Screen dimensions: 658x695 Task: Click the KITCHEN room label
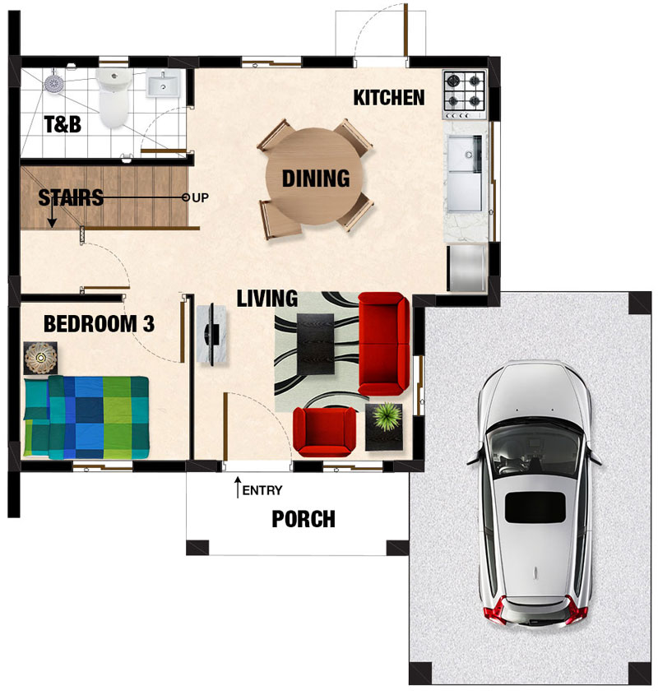(x=389, y=98)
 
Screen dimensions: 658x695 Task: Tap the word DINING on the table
(x=316, y=178)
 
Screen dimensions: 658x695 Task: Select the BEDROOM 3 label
(x=99, y=324)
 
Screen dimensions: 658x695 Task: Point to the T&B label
(x=63, y=124)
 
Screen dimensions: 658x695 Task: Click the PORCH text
(x=304, y=519)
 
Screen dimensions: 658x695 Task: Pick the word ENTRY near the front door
(x=262, y=490)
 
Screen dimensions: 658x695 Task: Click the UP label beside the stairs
(x=201, y=197)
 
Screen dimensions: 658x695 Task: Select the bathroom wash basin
(x=163, y=83)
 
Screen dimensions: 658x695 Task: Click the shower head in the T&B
(x=54, y=83)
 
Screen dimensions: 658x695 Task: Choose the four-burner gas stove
(x=465, y=95)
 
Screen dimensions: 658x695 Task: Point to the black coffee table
(x=315, y=344)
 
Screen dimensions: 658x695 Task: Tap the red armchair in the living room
(x=324, y=432)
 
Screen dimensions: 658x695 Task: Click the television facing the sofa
(x=212, y=334)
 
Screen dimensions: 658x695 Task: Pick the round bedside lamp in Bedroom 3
(x=40, y=357)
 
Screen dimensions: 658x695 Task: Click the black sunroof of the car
(x=535, y=507)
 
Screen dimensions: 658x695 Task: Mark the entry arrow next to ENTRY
(x=238, y=487)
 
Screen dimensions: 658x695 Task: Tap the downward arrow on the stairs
(x=53, y=213)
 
